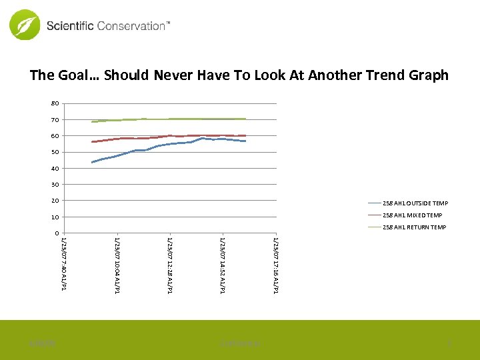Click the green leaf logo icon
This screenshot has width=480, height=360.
(x=25, y=25)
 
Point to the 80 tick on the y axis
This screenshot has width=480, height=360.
(x=55, y=103)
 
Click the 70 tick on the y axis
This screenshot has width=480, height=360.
(x=55, y=120)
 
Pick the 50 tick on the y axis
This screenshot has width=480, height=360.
(x=55, y=152)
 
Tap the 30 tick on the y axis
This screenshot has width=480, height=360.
(x=55, y=185)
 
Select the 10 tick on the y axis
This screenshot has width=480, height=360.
(x=55, y=217)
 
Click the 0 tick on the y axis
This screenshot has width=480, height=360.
(x=57, y=233)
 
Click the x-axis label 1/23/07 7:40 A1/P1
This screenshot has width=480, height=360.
(x=63, y=263)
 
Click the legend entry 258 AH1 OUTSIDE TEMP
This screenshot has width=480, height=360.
(x=415, y=203)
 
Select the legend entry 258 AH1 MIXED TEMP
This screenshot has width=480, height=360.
(x=412, y=215)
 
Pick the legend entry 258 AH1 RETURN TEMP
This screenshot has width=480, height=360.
(x=414, y=227)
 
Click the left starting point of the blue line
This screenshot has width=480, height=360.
(x=92, y=162)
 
